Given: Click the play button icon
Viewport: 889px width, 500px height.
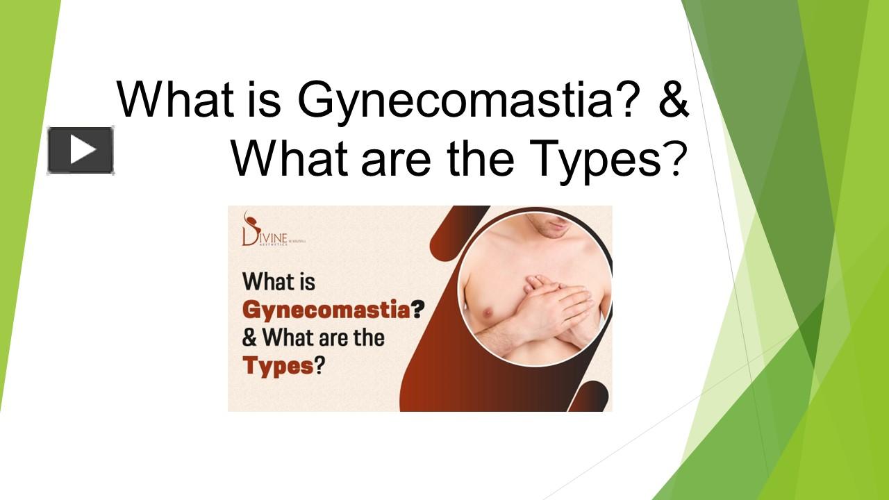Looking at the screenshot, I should [81, 150].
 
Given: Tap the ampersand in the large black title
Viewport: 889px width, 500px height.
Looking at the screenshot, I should [672, 99].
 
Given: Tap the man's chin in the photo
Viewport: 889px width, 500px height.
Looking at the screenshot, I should [548, 228].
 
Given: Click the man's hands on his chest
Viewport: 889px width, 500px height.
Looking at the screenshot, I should [548, 306].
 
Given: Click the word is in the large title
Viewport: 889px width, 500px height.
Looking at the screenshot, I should [263, 99].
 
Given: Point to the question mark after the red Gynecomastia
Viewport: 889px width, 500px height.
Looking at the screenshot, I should [417, 310].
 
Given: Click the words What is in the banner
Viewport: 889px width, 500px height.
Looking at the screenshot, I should [279, 283].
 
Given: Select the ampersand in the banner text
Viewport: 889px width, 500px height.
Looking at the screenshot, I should [249, 338].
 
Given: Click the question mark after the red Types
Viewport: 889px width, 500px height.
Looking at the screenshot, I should [320, 365].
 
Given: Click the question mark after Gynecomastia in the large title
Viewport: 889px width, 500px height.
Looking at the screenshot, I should [628, 99].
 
